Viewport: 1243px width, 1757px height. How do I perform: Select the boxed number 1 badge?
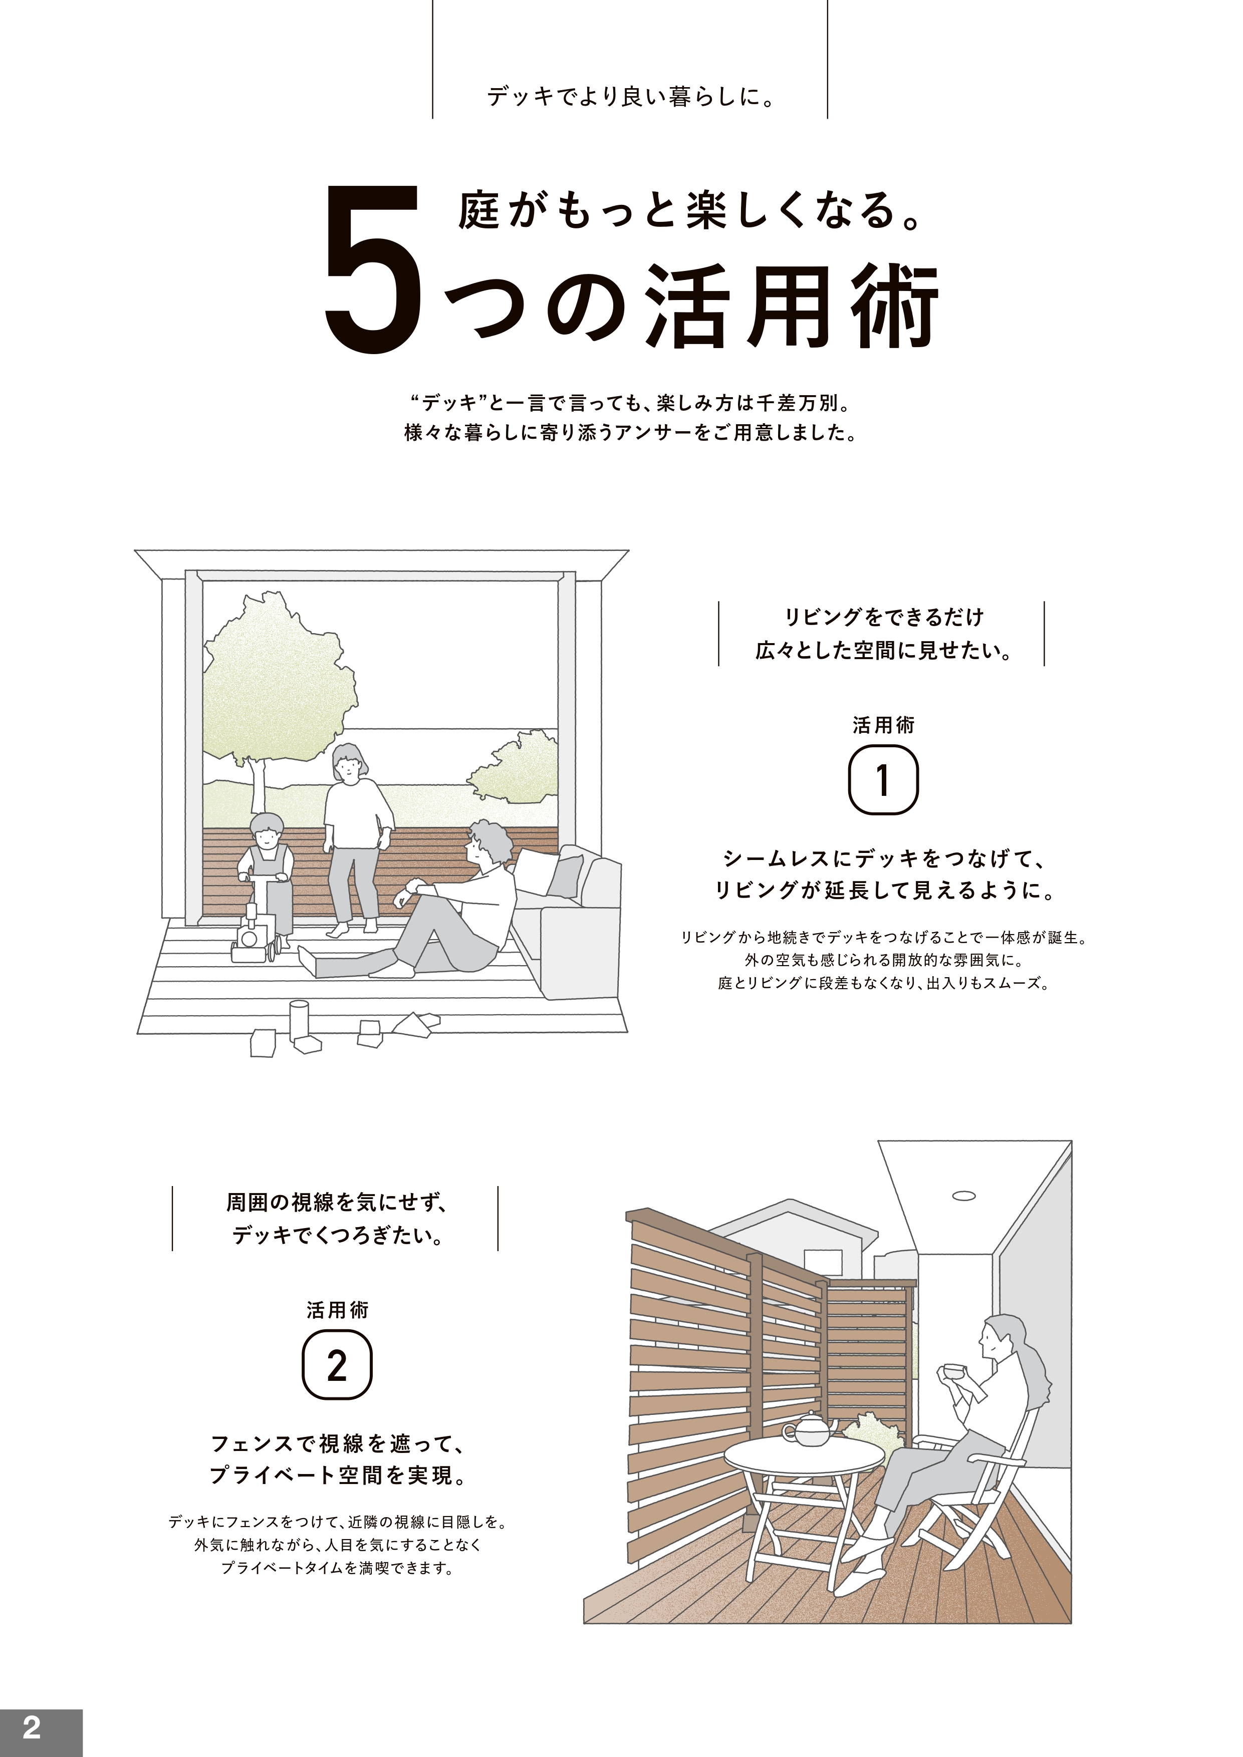[x=883, y=780]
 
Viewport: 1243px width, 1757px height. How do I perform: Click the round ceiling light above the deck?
[x=963, y=1195]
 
